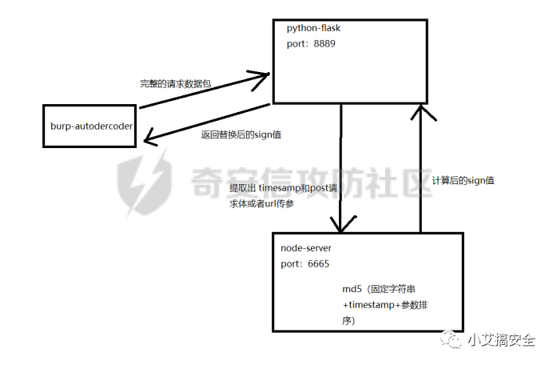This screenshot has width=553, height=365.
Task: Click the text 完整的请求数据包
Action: (177, 83)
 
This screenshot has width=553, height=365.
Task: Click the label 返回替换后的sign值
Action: (241, 134)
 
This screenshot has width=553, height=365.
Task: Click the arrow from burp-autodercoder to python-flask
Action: (204, 90)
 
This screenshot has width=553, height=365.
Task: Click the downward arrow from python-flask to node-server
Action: (341, 168)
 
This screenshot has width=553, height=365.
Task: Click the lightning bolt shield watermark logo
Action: (145, 184)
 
